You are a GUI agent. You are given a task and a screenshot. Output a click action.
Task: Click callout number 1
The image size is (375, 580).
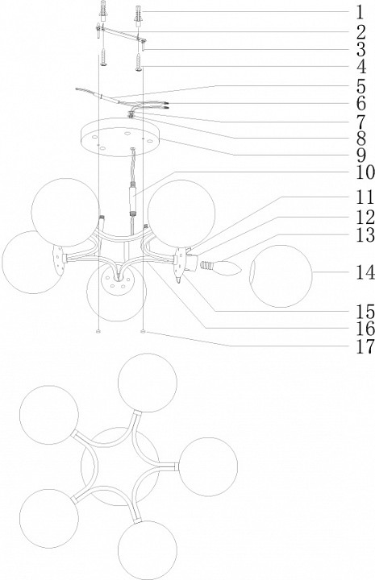point(360,13)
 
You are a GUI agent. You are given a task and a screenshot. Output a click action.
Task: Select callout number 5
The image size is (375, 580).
point(361,86)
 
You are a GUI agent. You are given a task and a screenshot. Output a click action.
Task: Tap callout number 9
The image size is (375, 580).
point(361,155)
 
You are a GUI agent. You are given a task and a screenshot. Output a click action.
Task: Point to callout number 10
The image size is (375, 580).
point(365,172)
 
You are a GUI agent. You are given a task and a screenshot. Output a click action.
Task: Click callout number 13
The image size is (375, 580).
point(365,235)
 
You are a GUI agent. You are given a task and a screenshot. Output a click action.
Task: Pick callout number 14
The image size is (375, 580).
point(365,273)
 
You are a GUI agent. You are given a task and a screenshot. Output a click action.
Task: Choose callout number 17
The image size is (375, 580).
point(365,347)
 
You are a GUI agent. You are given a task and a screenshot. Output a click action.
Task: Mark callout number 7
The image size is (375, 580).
point(361,122)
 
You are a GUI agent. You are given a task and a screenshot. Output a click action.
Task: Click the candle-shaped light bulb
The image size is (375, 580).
point(221,267)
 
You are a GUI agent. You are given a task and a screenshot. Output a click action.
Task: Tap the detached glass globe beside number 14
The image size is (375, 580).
point(281,276)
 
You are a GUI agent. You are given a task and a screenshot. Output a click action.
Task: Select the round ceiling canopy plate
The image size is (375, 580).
point(121,138)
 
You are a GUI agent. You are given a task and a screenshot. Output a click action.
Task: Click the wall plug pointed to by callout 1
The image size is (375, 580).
point(139,17)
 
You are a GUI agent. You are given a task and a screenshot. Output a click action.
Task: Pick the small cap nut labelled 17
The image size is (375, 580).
point(144,332)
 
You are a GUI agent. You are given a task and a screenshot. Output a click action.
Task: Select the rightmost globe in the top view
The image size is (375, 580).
point(208,466)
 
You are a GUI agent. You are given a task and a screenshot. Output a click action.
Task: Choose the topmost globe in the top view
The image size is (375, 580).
point(148,383)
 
